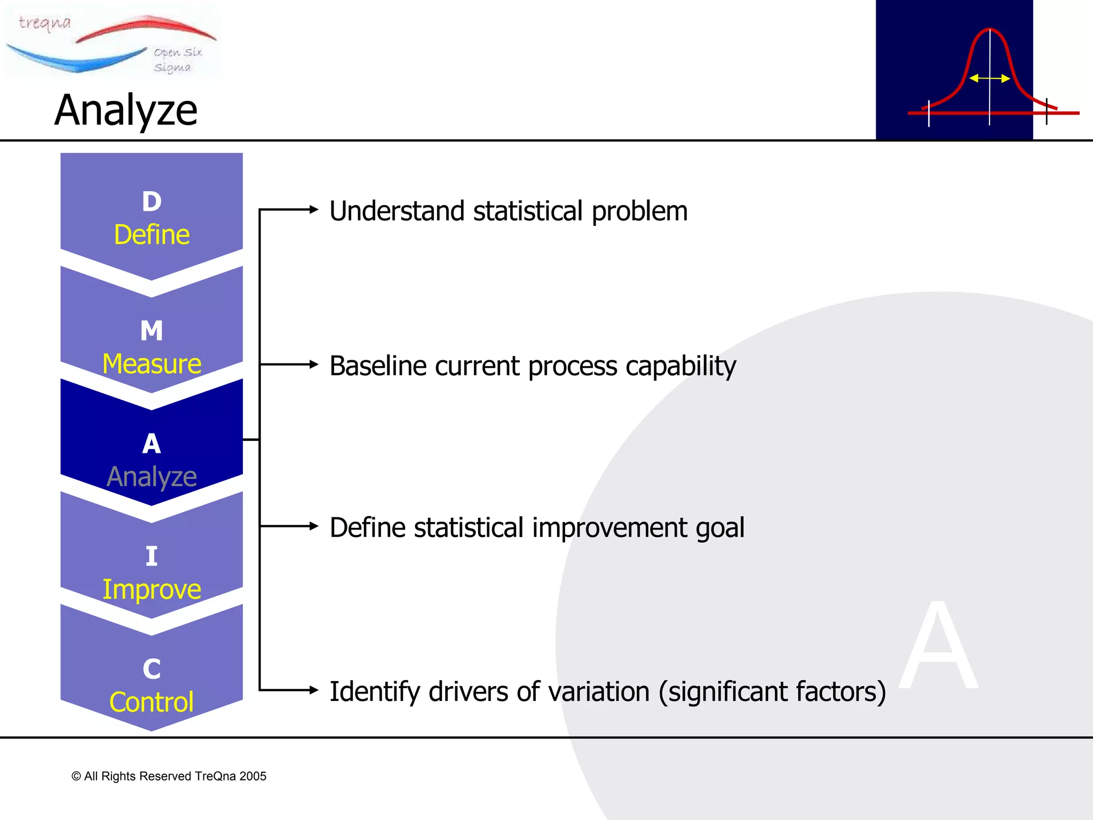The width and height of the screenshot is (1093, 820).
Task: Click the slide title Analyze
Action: [126, 111]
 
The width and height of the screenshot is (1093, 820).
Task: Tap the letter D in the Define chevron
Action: [152, 202]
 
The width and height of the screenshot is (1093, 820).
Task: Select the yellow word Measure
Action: [152, 364]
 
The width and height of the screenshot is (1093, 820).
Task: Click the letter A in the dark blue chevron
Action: [152, 444]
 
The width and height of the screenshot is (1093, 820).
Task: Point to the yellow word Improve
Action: [152, 590]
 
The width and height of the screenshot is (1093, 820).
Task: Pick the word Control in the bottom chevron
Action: [152, 702]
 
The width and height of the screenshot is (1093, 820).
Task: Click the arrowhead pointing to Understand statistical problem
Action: [314, 210]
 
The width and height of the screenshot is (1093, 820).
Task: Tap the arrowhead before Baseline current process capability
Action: [314, 365]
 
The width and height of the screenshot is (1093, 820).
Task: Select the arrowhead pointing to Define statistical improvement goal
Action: [314, 526]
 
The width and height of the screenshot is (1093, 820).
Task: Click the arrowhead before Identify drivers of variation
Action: [314, 690]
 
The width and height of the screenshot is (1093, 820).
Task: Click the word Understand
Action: [397, 211]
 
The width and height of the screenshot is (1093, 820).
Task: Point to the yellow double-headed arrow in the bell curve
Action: [989, 78]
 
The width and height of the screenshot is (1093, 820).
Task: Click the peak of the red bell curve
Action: [989, 29]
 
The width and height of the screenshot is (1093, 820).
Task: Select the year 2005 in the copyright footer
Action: [252, 776]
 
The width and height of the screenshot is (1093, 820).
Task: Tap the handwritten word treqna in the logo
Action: [45, 23]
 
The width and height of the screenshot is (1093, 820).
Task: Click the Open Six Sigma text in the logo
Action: [177, 59]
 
